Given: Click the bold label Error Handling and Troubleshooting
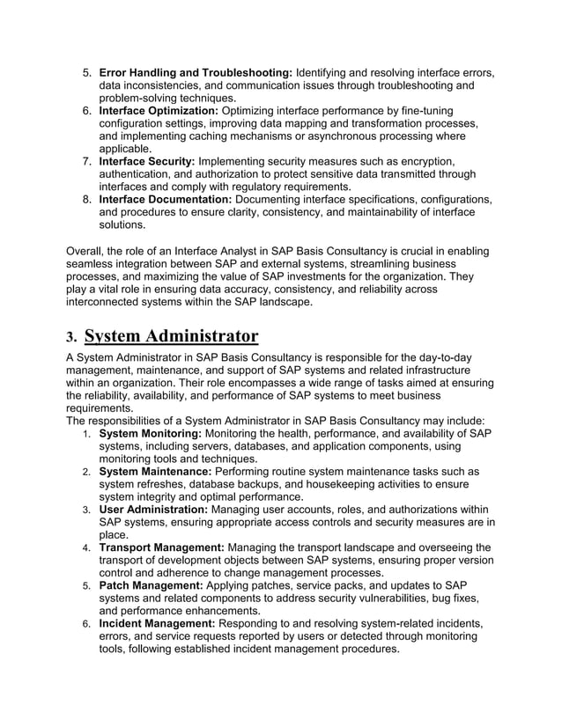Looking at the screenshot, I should click(x=196, y=71).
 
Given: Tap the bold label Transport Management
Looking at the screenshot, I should click(x=161, y=547).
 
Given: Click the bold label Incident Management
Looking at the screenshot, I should click(x=157, y=624).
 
